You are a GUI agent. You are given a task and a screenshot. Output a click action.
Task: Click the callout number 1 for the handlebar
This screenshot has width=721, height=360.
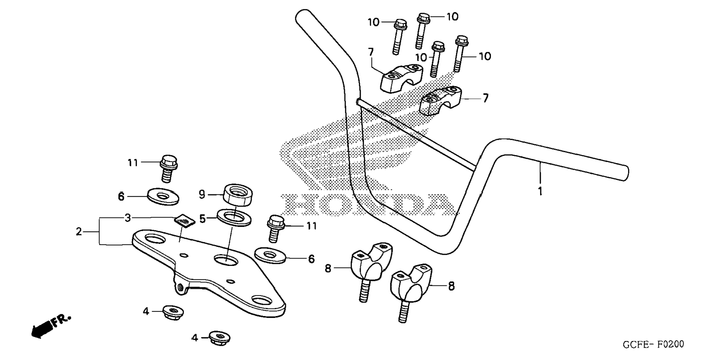click(540, 191)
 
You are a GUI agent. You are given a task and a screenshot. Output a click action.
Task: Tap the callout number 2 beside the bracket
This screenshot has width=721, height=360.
click(79, 232)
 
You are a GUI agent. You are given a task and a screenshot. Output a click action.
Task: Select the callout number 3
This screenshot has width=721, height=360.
click(128, 218)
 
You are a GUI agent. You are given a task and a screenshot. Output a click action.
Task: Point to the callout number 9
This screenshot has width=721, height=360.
click(202, 194)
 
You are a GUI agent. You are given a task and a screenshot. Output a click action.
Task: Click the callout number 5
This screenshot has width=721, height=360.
click(202, 219)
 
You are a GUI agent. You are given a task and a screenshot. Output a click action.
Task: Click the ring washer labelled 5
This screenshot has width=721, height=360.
click(234, 217)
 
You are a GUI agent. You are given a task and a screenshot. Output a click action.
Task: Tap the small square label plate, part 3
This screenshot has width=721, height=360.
click(185, 221)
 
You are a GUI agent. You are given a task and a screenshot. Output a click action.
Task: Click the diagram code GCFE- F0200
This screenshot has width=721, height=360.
click(653, 344)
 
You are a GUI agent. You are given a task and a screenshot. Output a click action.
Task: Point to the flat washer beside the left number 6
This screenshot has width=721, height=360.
click(163, 196)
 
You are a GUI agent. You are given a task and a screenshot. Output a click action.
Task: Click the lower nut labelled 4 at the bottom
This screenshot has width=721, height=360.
click(220, 338)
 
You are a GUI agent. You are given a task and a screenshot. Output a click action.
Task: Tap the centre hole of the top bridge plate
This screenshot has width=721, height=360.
click(226, 260)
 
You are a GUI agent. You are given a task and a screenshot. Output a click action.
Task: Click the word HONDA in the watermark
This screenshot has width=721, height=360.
click(369, 205)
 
